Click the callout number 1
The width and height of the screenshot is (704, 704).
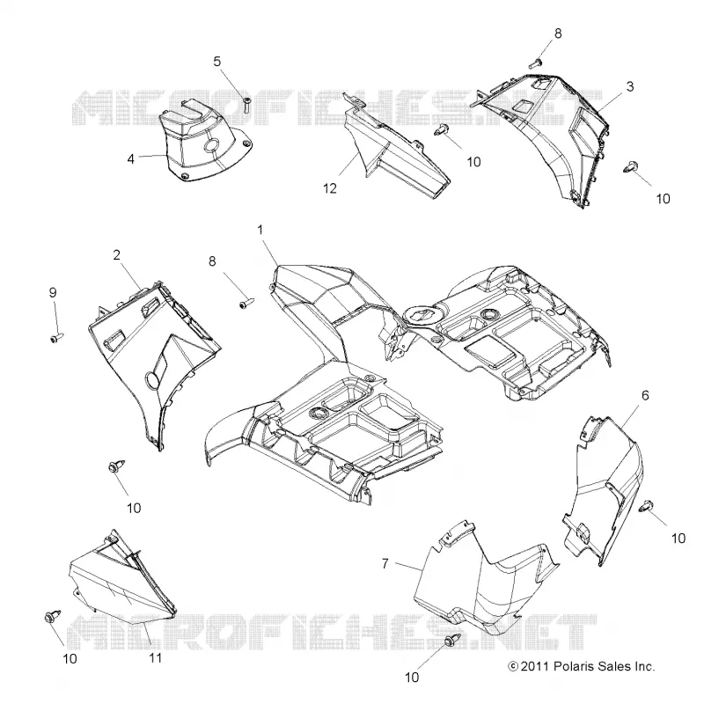[x=260, y=230]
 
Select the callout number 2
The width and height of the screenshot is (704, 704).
[x=117, y=255]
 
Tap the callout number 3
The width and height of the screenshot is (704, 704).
[x=630, y=86]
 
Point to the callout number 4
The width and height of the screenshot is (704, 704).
[x=130, y=159]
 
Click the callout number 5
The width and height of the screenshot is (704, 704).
[x=217, y=61]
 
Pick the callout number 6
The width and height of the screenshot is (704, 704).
[x=645, y=395]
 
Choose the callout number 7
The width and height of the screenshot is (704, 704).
[x=385, y=563]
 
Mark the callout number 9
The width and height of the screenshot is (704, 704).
[x=53, y=293]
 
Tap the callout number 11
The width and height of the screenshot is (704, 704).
[x=156, y=657]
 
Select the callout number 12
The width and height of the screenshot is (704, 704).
[x=329, y=188]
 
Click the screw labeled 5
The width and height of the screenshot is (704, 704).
[x=247, y=105]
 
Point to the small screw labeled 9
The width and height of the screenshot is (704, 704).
[x=57, y=338]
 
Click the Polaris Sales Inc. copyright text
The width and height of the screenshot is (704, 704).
[x=582, y=666]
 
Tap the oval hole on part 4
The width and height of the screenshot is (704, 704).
[x=211, y=145]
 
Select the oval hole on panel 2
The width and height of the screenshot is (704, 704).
[x=151, y=381]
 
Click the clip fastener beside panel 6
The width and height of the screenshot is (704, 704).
[x=646, y=505]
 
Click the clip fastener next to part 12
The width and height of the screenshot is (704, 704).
[x=441, y=129]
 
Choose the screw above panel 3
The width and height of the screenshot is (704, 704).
[x=536, y=62]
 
